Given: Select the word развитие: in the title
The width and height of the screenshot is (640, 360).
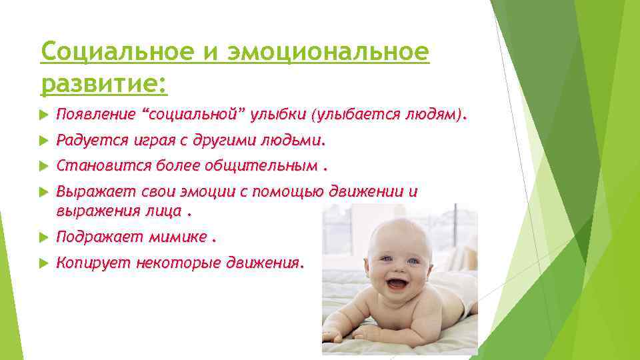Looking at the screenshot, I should [x=104, y=84].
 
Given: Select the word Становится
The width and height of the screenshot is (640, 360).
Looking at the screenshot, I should [x=96, y=165].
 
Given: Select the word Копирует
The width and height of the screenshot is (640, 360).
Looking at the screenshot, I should [x=92, y=263].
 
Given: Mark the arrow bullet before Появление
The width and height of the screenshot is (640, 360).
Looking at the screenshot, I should [x=44, y=115].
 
